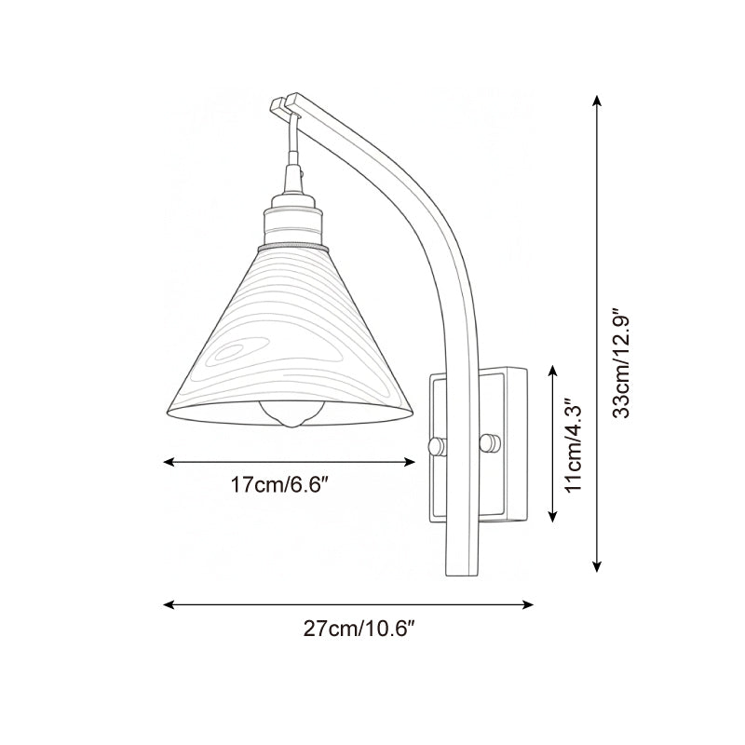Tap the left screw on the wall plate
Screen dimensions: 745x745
[433, 446]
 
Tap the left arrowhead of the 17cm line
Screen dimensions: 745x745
[169, 460]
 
